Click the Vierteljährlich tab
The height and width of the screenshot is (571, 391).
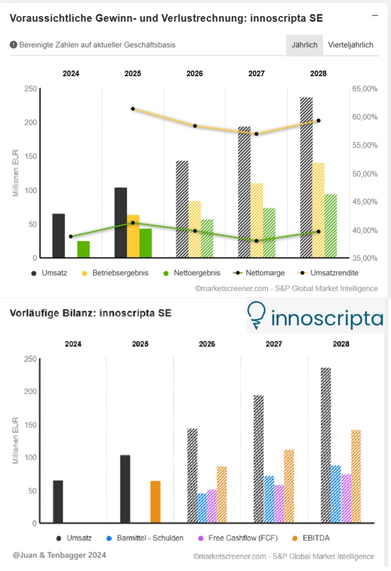(x=351, y=45)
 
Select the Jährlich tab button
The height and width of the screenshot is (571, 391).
(x=304, y=45)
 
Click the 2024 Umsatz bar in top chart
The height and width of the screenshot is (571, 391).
(x=58, y=236)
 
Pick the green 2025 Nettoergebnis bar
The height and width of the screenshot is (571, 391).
(x=146, y=243)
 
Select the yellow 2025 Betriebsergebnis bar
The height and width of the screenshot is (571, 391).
(x=133, y=237)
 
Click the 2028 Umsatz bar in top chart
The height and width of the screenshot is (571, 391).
(x=307, y=178)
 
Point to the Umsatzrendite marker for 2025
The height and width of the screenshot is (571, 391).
(x=133, y=109)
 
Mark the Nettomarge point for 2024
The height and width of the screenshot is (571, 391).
(x=71, y=237)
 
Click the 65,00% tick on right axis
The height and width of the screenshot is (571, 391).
(x=365, y=89)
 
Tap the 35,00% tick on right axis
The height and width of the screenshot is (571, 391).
(x=365, y=259)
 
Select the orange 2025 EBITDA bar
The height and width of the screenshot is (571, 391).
(x=155, y=502)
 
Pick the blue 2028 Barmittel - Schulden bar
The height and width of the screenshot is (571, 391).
(x=336, y=494)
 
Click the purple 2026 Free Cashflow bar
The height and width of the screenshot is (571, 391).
(x=212, y=507)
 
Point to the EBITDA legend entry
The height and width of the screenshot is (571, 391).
(x=324, y=538)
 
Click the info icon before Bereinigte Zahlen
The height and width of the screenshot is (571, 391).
(x=13, y=45)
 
